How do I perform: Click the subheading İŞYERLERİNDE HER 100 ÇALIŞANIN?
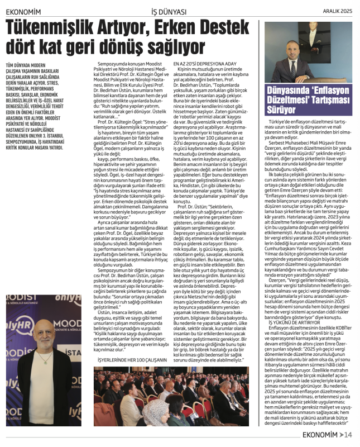point(131,360)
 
